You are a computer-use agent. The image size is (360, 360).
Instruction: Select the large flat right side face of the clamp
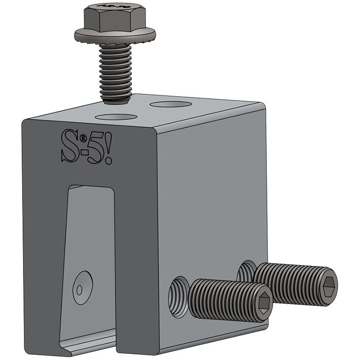tap(213, 193)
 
